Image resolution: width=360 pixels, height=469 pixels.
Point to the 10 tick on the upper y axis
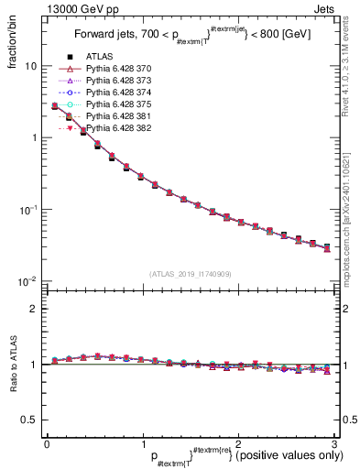31,67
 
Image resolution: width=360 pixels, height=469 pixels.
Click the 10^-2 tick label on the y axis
29,281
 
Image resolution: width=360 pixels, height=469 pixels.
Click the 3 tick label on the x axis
333,443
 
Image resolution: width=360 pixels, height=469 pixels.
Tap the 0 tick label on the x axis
47,443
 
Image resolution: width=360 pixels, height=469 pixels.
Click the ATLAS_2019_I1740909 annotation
190,274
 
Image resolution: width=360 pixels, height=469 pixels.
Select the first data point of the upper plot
54,106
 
